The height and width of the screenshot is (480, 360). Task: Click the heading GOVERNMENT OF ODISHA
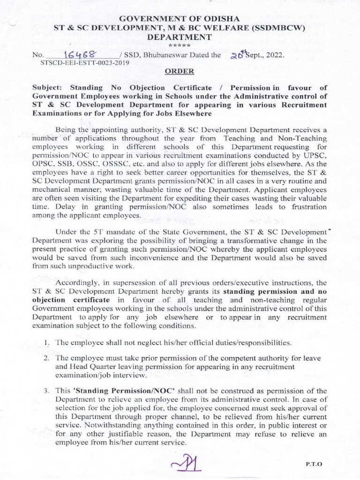coord(180,18)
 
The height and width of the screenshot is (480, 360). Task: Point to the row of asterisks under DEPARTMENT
coord(180,45)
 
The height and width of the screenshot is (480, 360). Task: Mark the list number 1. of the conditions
coord(47,342)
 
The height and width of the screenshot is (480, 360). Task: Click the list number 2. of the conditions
coord(47,358)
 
